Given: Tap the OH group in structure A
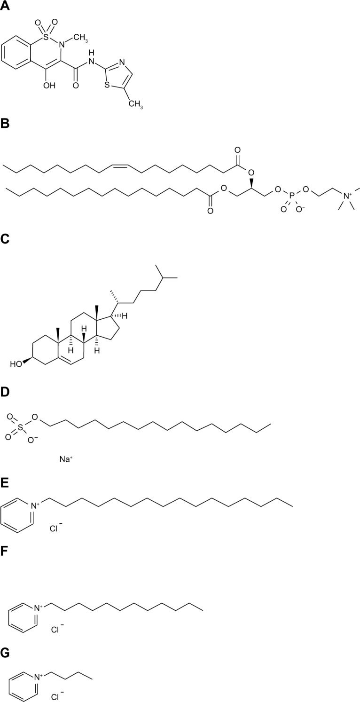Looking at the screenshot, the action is click(x=49, y=86).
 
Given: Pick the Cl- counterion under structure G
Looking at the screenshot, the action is click(x=57, y=693).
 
